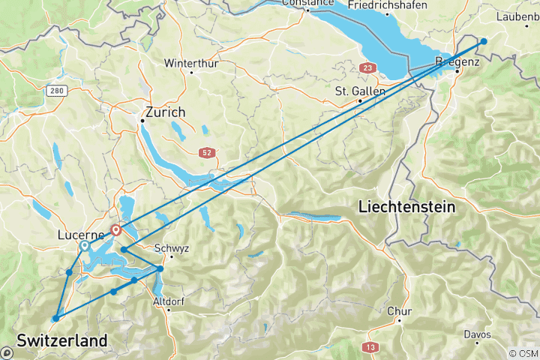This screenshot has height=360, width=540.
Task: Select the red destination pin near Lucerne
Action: (116, 230)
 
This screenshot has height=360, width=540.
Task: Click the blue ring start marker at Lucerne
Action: (84, 246)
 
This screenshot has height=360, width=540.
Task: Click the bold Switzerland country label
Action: (61, 340)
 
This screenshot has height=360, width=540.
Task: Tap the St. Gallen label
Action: (359, 91)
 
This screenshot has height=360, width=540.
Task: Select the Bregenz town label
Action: (457, 62)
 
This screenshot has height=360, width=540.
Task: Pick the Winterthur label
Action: (191, 63)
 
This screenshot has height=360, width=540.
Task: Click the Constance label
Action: (307, 3)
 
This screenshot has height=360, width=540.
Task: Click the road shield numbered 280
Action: (55, 91)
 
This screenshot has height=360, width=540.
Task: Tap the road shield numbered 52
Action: (207, 152)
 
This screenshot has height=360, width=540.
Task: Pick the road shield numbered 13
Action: (369, 346)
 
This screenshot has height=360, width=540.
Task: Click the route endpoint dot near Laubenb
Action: (484, 41)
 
